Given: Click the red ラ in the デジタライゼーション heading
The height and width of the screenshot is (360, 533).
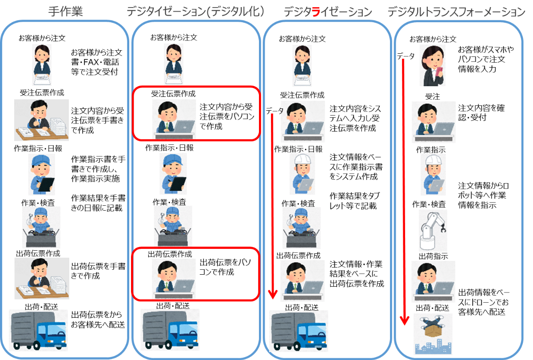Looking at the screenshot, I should tap(316, 12).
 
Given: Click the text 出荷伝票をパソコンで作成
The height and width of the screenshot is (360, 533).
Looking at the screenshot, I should tap(225, 267).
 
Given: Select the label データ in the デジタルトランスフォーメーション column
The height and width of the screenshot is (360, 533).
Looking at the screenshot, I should tap(406, 56).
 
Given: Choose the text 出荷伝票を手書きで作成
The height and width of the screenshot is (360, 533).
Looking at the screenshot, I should tap(98, 271).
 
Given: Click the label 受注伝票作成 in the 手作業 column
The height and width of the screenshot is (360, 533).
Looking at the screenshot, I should tap(42, 93).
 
